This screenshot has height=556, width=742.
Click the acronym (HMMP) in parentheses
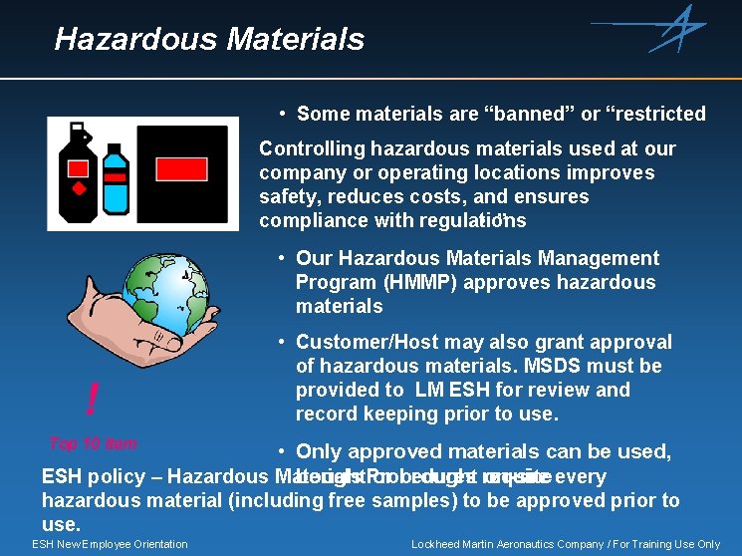coord(410,282)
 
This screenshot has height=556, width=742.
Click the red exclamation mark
coord(93,400)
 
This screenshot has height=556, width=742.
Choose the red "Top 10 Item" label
coord(93,444)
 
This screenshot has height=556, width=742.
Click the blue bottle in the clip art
coord(116,179)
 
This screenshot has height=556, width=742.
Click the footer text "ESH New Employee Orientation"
coord(110,544)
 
